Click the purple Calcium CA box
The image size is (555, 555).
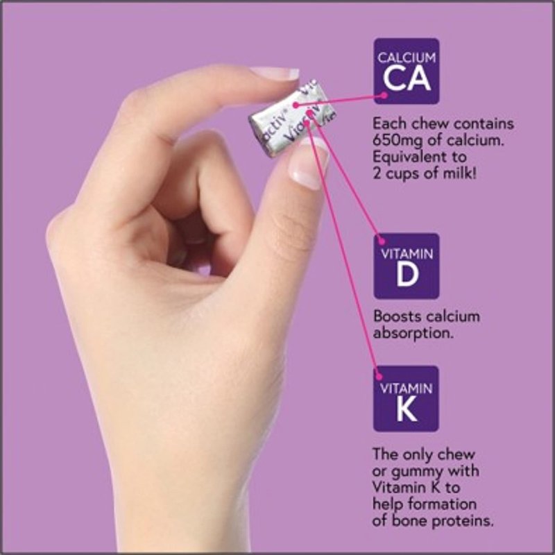(407, 71)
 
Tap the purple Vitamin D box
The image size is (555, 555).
(407, 266)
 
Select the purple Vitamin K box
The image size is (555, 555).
(406, 398)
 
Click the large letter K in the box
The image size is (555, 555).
(407, 411)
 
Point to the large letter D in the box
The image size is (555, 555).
(407, 275)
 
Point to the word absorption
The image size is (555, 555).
(413, 334)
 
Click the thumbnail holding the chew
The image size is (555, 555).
(309, 164)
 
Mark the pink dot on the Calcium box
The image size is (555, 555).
(384, 95)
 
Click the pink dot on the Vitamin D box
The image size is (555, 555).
(381, 241)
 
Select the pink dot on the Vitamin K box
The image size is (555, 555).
(378, 376)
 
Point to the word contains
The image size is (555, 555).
(484, 124)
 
